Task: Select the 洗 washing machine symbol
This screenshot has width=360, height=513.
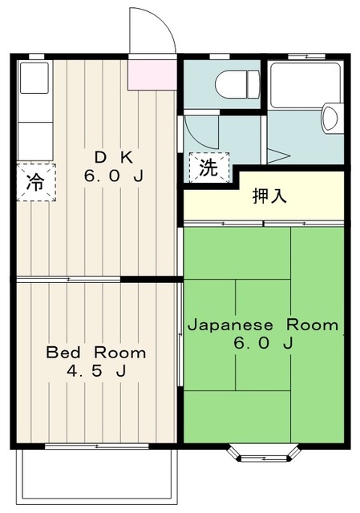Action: click(208, 168)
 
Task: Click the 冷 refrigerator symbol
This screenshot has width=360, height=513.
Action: click(34, 180)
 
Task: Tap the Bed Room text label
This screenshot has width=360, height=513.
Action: click(95, 352)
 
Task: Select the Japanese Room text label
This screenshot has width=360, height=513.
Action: click(262, 326)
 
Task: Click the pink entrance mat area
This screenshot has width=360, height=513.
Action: click(152, 74)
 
